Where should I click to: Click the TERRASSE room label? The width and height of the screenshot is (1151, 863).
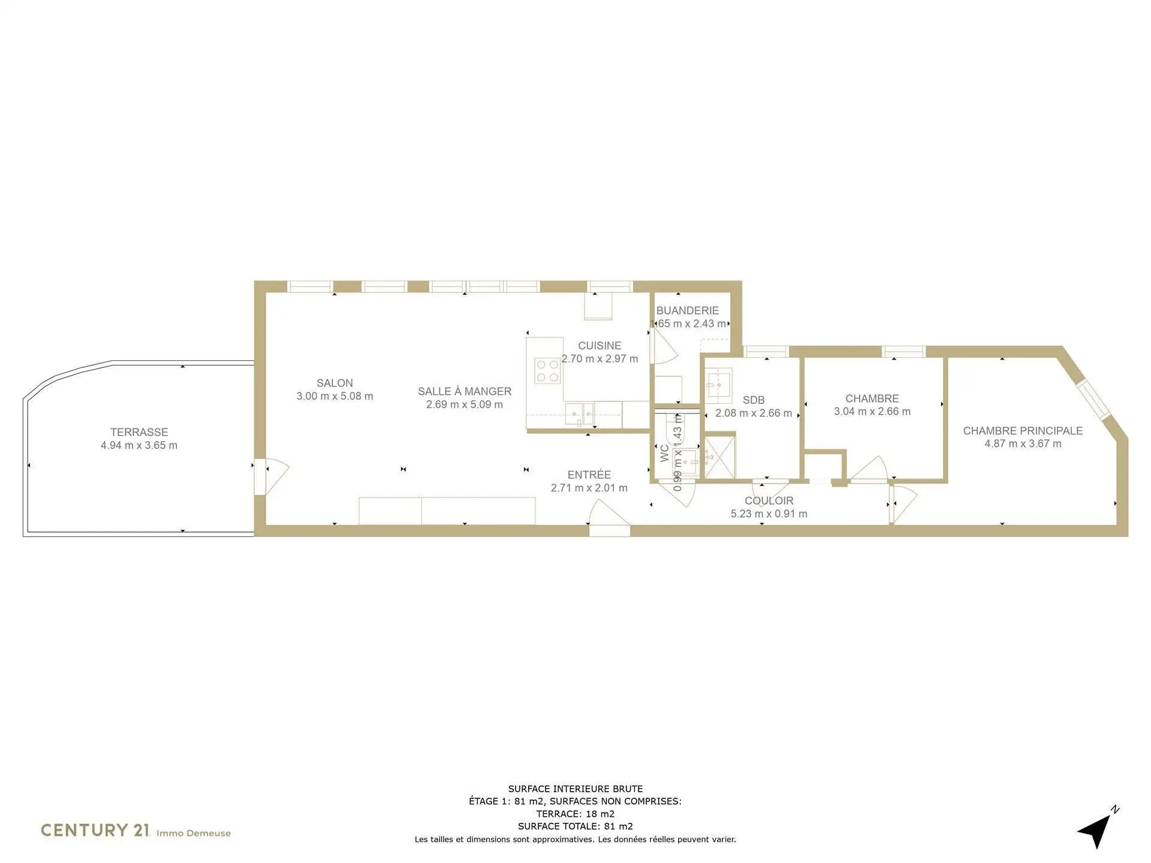click(139, 432)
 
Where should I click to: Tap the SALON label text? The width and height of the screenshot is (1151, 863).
click(335, 383)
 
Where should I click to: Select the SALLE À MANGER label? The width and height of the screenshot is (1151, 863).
click(465, 391)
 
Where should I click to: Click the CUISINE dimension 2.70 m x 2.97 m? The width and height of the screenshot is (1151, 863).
click(599, 359)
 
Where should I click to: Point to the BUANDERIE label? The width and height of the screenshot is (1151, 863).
click(688, 310)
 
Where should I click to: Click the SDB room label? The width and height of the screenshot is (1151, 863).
click(754, 400)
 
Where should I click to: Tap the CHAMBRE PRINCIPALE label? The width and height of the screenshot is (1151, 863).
click(1023, 431)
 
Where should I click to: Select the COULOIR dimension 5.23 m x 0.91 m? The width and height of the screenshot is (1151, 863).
click(769, 514)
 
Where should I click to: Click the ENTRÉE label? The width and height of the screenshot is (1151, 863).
click(589, 475)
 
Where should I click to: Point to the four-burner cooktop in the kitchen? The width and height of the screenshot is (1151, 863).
click(547, 370)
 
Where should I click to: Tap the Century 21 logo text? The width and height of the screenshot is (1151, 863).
click(95, 830)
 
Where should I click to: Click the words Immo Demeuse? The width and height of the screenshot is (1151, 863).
click(194, 833)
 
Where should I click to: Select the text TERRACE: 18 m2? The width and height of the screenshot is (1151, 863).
click(575, 814)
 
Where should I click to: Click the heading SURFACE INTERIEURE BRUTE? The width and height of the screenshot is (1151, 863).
click(575, 789)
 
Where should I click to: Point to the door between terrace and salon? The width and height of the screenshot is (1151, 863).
click(271, 476)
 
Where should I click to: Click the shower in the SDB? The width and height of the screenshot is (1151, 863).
click(719, 457)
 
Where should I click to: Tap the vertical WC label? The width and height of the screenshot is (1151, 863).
click(664, 453)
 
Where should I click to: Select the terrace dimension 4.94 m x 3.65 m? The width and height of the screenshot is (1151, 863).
click(139, 445)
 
